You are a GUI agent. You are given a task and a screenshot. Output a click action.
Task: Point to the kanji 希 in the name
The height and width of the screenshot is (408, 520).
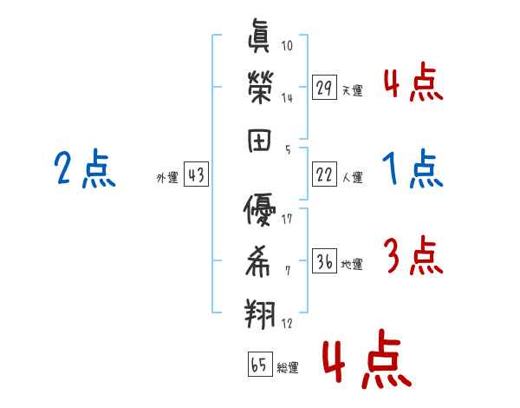coord(261,260)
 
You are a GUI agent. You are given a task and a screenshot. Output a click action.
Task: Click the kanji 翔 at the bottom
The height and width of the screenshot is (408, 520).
coord(261,311)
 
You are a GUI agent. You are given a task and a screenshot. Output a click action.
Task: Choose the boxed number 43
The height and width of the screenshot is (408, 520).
coord(195,175)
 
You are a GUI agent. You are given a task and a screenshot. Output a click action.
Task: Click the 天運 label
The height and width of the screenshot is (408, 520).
coord(352,90)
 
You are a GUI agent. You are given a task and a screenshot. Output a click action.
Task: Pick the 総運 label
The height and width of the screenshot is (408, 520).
coord(287,368)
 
